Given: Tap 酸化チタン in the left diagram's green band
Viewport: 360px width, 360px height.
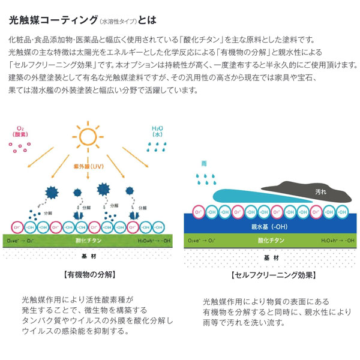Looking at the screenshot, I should [x=88, y=239].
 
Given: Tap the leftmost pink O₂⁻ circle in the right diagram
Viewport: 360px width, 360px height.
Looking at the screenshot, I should [x=197, y=211].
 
